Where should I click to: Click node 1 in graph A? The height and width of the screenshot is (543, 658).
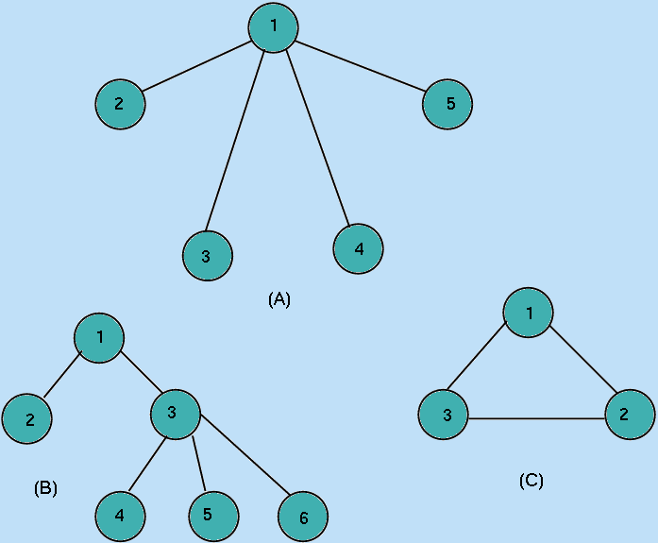coord(274,26)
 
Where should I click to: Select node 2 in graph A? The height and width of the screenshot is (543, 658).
coord(120,104)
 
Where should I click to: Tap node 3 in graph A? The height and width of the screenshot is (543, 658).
coord(207,255)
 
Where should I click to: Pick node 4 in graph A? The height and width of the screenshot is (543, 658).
coord(358,249)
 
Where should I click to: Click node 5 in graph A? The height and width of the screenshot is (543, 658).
coord(447,104)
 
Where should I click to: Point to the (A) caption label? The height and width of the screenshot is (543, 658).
coord(279,299)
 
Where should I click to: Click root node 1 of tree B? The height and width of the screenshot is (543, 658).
coord(100,337)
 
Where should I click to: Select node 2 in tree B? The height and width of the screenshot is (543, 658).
coord(26,420)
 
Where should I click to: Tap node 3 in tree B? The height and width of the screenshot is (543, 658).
coord(175,413)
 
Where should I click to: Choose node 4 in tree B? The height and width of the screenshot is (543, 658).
coord(120,516)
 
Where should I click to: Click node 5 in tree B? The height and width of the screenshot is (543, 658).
coord(213,515)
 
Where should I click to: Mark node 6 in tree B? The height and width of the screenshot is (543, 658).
coord(302,518)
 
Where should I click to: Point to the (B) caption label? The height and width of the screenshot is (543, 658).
coord(45,488)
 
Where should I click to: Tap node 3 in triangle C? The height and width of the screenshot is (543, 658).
coord(445,416)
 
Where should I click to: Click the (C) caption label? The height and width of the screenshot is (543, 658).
coord(531,481)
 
